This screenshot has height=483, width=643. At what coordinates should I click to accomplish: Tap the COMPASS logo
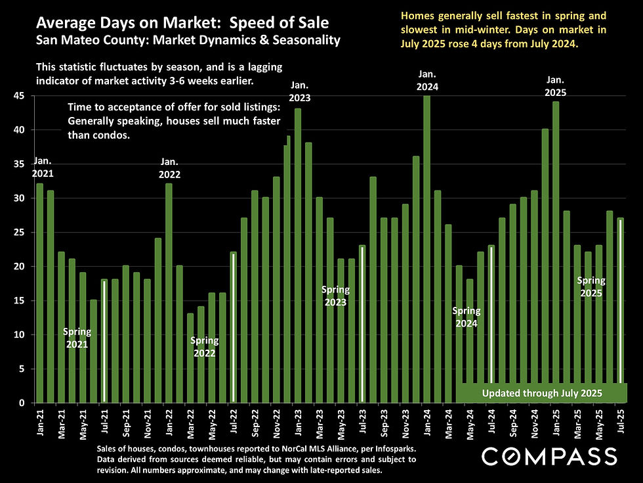[x=549, y=456]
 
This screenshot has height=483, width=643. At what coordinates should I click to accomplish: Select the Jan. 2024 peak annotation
[x=426, y=80]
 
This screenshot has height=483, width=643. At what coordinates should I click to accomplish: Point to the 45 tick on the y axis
[x=20, y=96]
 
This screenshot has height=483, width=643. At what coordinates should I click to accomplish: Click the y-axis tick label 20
[x=20, y=267]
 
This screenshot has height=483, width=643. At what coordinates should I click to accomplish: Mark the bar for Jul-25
[x=620, y=309]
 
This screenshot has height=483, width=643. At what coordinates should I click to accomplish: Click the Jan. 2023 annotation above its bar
[x=299, y=91]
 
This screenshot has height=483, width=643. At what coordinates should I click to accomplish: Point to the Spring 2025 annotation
[x=591, y=287]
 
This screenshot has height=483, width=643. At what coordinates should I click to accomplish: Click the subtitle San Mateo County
[x=188, y=41]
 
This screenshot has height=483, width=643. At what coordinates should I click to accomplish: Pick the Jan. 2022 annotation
[x=169, y=169]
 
